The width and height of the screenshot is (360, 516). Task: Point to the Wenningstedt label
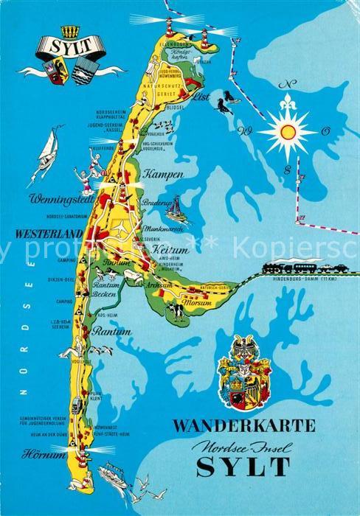(x=55, y=199)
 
